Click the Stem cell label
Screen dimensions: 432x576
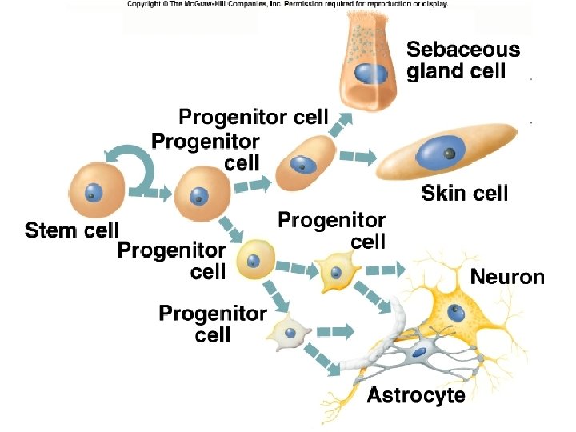point(71,231)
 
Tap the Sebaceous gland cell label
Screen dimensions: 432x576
point(462,60)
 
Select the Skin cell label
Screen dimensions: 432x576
point(464,193)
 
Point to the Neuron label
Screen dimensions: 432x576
point(507,278)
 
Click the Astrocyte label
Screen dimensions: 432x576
point(415,395)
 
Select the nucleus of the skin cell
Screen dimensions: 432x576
point(438,152)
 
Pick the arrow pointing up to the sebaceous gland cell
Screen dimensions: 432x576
point(342,124)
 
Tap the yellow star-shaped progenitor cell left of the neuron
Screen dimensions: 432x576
point(335,271)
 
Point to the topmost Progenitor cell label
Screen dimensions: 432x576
point(253,118)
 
